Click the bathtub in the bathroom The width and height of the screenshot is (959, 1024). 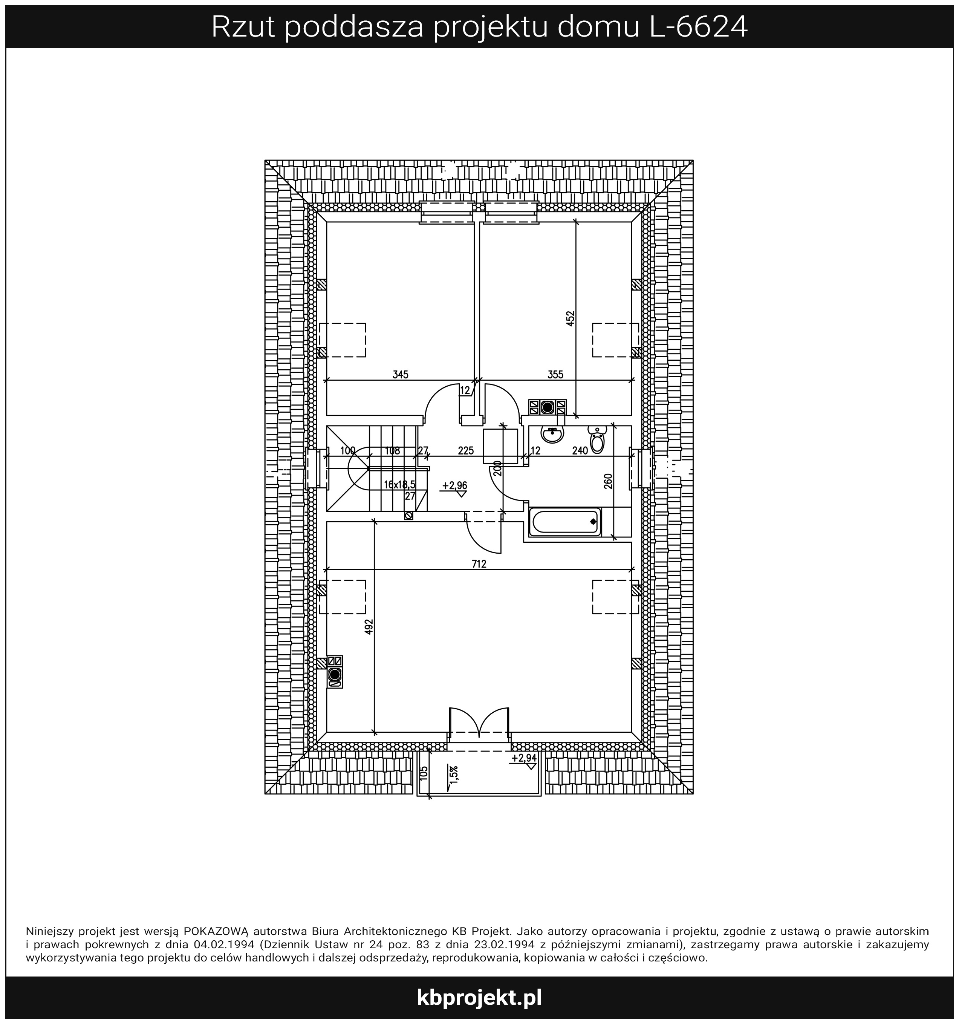pyautogui.click(x=565, y=522)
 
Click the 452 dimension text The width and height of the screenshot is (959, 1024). pyautogui.click(x=570, y=319)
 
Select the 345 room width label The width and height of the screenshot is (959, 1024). pyautogui.click(x=400, y=375)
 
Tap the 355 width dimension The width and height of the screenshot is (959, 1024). pyautogui.click(x=555, y=375)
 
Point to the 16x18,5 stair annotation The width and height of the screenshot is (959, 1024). pyautogui.click(x=400, y=485)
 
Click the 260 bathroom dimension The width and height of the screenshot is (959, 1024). pyautogui.click(x=608, y=481)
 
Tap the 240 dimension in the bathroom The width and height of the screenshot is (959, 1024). pyautogui.click(x=580, y=451)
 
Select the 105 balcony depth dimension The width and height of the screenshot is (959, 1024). pyautogui.click(x=424, y=774)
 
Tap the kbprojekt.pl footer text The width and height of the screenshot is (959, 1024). pyautogui.click(x=479, y=998)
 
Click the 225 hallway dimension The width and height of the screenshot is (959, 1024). pyautogui.click(x=466, y=451)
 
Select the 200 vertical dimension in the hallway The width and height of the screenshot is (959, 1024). pyautogui.click(x=497, y=468)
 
